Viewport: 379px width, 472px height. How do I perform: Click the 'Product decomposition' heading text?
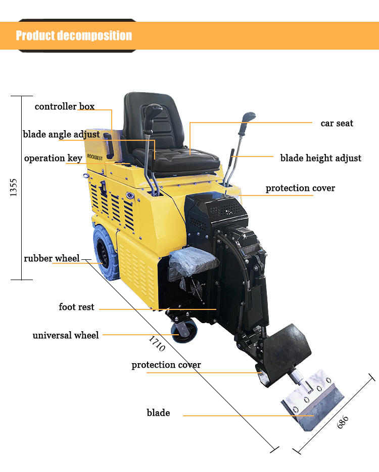[74, 35]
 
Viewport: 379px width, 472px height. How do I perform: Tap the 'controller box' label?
[64, 106]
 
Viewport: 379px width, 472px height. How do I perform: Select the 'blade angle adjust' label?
[61, 135]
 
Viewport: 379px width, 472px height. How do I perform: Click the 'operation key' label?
[53, 159]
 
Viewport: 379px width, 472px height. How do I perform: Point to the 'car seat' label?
[337, 123]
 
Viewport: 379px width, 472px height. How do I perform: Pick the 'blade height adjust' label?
[320, 158]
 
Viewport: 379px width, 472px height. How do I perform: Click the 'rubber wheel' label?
[52, 259]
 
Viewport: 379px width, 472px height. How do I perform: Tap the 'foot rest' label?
[76, 307]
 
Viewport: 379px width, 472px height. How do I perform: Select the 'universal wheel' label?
[66, 335]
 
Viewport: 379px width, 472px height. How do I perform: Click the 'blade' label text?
[158, 413]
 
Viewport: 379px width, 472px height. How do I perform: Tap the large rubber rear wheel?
[105, 252]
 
